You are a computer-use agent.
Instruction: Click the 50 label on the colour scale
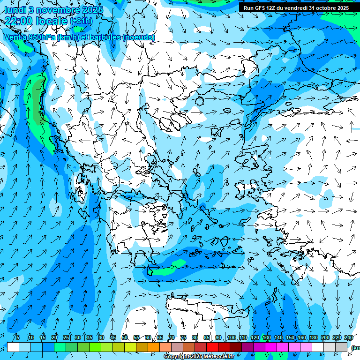125,337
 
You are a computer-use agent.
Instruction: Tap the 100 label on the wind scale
231,337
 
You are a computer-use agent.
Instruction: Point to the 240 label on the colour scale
348,337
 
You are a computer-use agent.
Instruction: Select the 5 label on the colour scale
18,337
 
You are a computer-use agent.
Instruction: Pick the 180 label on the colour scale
312,337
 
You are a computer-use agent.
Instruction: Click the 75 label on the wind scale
183,337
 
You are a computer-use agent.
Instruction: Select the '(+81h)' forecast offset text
81,21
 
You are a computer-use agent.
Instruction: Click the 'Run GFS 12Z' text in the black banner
259,8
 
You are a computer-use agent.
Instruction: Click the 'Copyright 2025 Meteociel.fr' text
199,357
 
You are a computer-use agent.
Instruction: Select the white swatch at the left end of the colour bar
13,347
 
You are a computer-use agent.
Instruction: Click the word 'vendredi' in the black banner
295,8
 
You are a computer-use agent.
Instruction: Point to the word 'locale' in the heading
52,21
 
